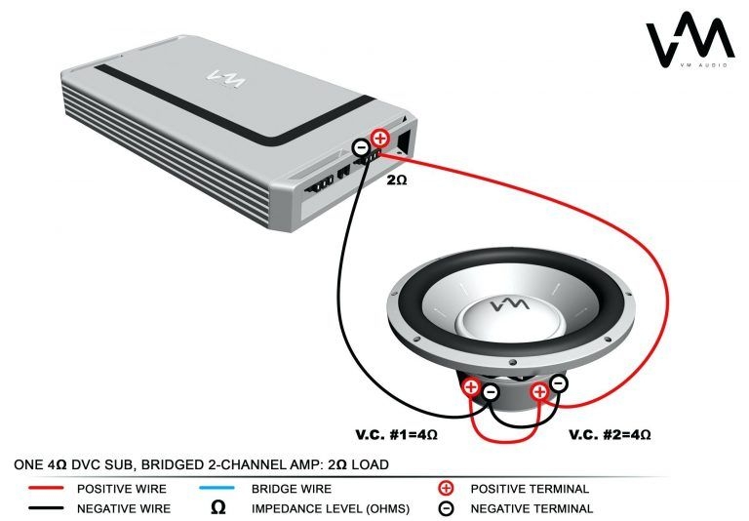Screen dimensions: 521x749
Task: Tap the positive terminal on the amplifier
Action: click(x=380, y=140)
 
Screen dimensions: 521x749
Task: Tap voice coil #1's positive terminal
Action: click(x=471, y=387)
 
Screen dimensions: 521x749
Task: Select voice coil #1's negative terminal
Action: click(x=490, y=393)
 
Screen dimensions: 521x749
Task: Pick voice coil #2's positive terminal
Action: click(x=538, y=392)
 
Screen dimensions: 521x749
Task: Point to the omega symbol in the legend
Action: click(x=218, y=508)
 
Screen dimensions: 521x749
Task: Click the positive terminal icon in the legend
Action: click(x=445, y=488)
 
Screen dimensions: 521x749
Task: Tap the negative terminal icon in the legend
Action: click(x=445, y=508)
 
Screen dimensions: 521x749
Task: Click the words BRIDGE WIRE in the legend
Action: click(x=292, y=488)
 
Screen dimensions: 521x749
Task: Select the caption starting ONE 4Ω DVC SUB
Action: click(x=202, y=464)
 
